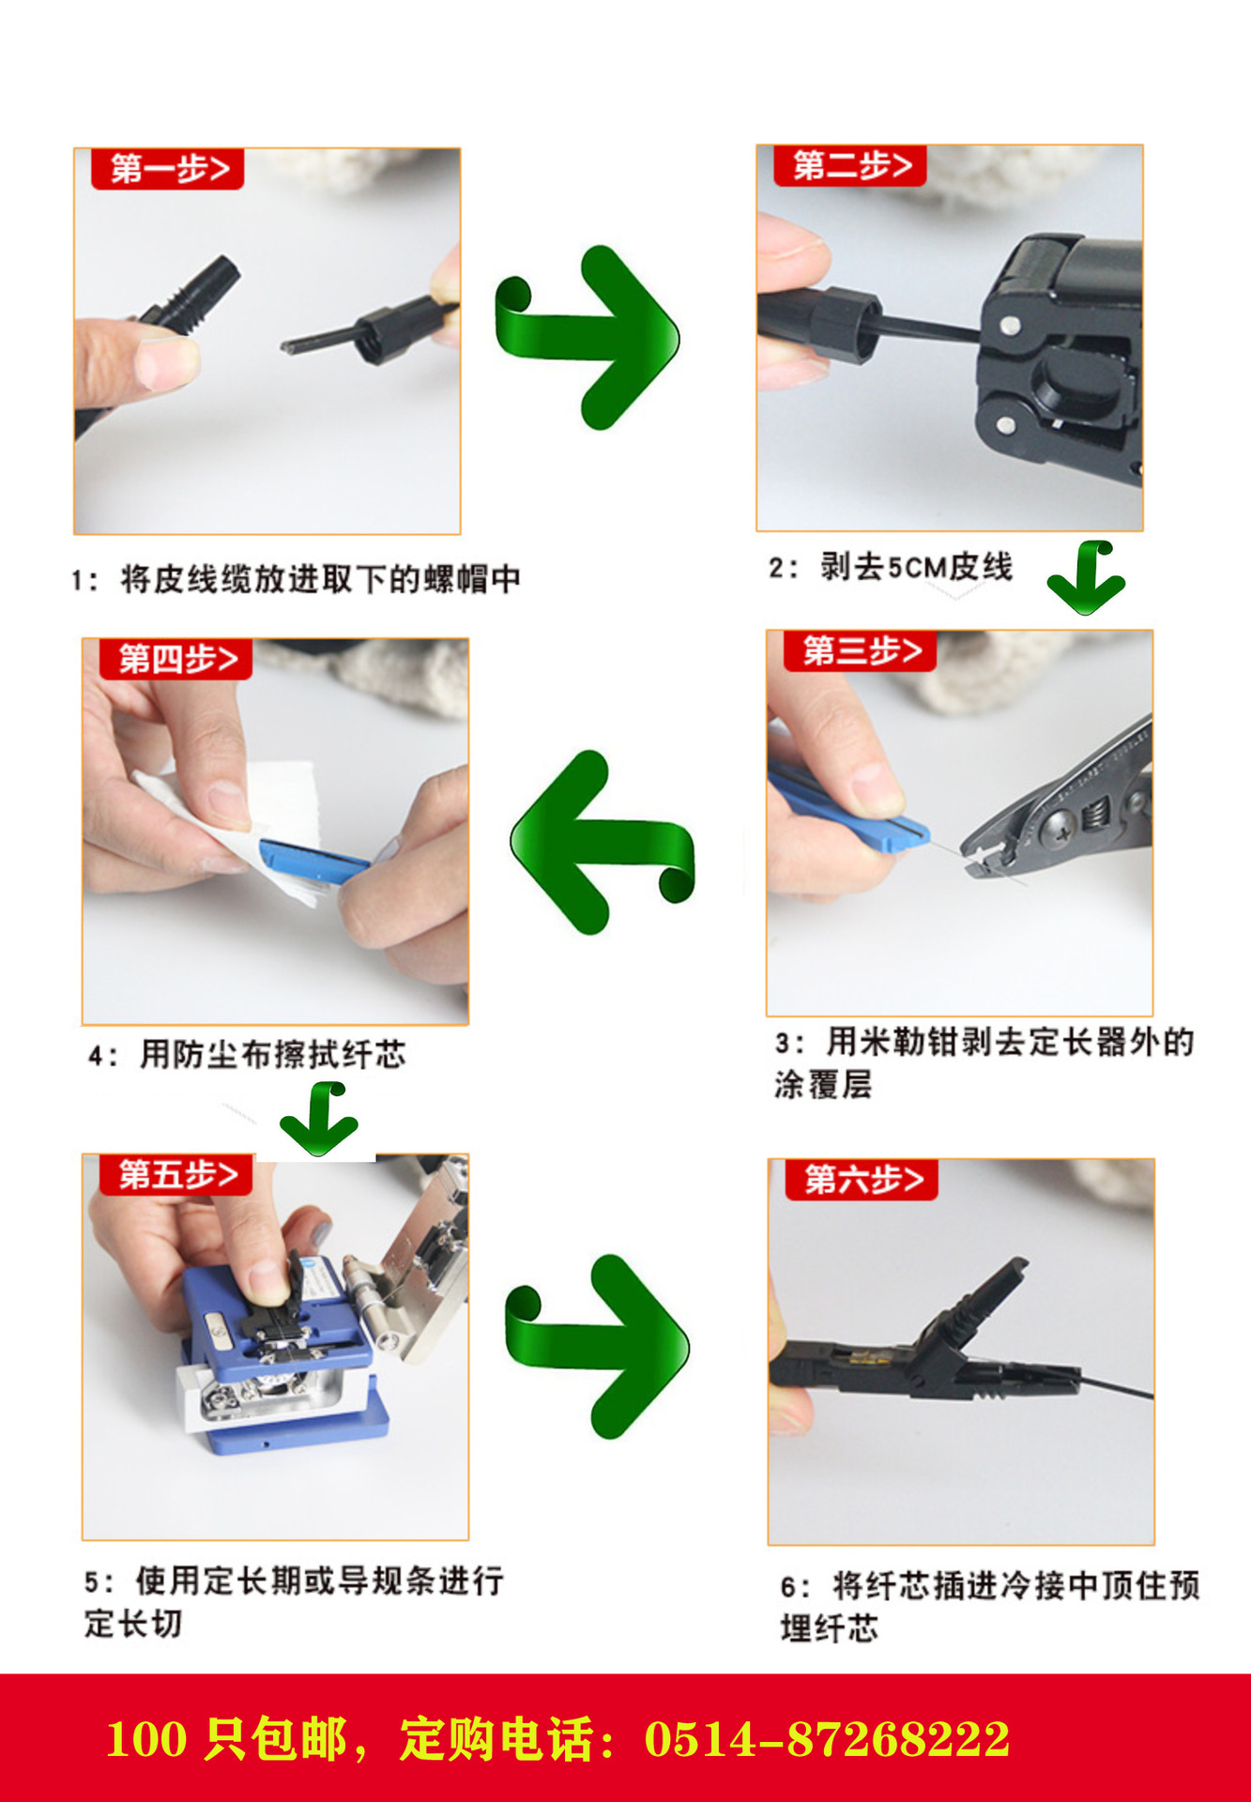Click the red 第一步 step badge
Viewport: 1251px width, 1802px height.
(x=167, y=169)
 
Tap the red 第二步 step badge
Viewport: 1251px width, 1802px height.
(x=850, y=166)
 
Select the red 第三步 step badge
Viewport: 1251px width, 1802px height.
(x=861, y=651)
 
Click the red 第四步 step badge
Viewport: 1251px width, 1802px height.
(x=176, y=659)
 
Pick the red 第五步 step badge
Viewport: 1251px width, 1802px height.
(x=176, y=1175)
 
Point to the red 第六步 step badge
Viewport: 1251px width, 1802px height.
(x=862, y=1180)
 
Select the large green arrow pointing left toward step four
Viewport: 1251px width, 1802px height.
(x=601, y=841)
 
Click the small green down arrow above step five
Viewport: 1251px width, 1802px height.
(x=319, y=1120)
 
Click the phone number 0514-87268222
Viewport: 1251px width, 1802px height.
(x=827, y=1738)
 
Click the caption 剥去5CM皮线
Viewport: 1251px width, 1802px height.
(x=917, y=567)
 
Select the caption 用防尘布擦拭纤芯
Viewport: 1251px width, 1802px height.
(x=272, y=1055)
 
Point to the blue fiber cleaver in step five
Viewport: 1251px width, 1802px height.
(x=282, y=1351)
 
